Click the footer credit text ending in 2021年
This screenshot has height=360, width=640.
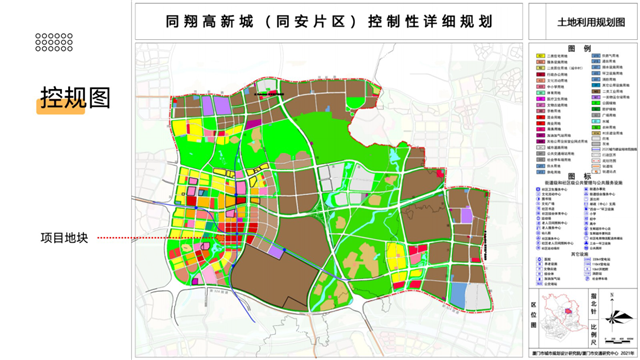coord(574,351)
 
